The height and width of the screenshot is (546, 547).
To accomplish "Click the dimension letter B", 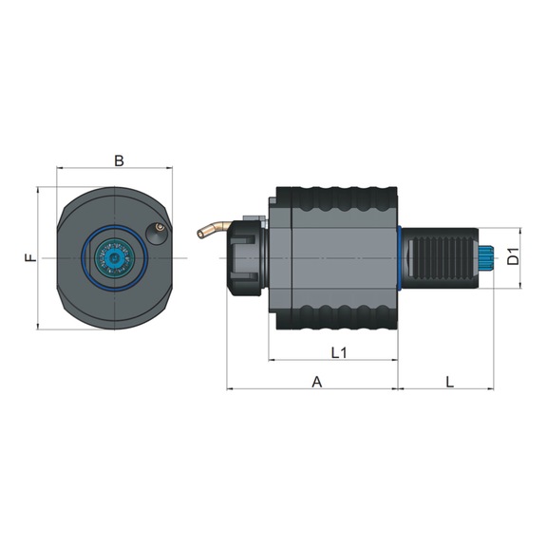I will [x=119, y=160].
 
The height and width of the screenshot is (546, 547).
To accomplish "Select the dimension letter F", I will [x=30, y=258].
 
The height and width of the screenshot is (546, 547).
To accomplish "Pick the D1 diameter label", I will [x=513, y=256].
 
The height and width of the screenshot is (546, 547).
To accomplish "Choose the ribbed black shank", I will [x=443, y=258].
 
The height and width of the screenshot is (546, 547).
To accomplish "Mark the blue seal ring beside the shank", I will [x=400, y=258].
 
